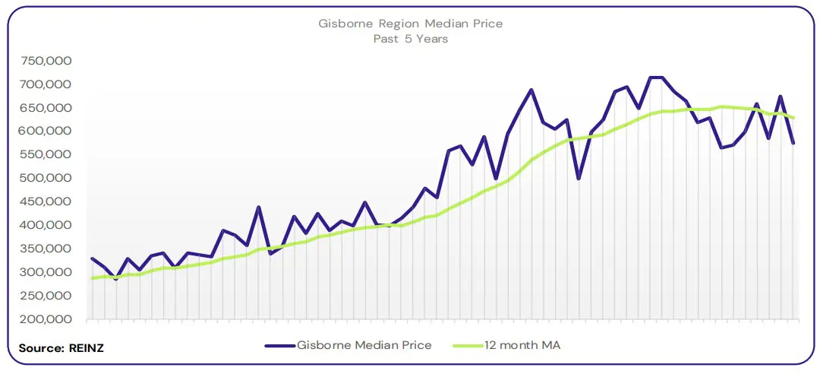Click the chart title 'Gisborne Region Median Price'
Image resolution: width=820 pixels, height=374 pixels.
tap(410, 24)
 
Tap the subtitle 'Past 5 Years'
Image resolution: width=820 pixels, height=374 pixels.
tap(410, 38)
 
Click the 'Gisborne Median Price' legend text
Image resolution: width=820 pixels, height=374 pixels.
tap(364, 345)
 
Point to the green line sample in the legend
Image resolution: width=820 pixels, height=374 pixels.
tap(470, 346)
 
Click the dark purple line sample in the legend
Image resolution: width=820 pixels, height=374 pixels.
tap(279, 346)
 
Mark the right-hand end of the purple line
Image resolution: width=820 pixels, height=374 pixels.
tap(793, 143)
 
